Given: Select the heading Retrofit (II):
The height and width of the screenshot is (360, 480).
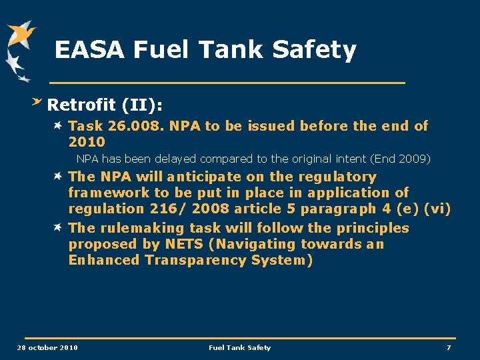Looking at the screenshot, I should click(105, 105).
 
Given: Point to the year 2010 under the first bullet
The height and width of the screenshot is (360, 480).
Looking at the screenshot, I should click(87, 141).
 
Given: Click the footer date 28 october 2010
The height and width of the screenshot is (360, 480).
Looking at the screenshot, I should click(47, 347).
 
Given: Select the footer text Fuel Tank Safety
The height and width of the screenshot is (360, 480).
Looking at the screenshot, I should click(240, 347).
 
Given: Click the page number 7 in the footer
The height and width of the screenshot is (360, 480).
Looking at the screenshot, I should click(449, 347).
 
